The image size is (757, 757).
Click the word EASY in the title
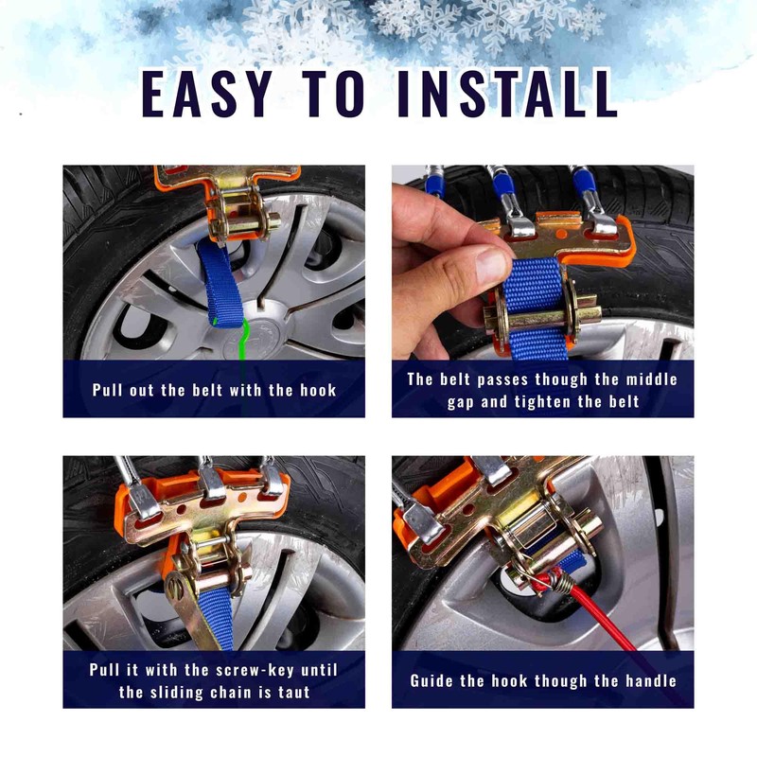206,93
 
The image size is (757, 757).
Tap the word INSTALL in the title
507,93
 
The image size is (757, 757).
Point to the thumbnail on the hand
491,265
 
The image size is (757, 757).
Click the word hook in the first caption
318,390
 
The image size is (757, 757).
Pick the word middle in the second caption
652,379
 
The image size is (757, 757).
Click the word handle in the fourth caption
651,680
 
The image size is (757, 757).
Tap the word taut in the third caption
293,693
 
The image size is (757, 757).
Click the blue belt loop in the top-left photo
220,285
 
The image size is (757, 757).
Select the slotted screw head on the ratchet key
177,590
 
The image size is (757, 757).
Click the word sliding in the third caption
176,693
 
